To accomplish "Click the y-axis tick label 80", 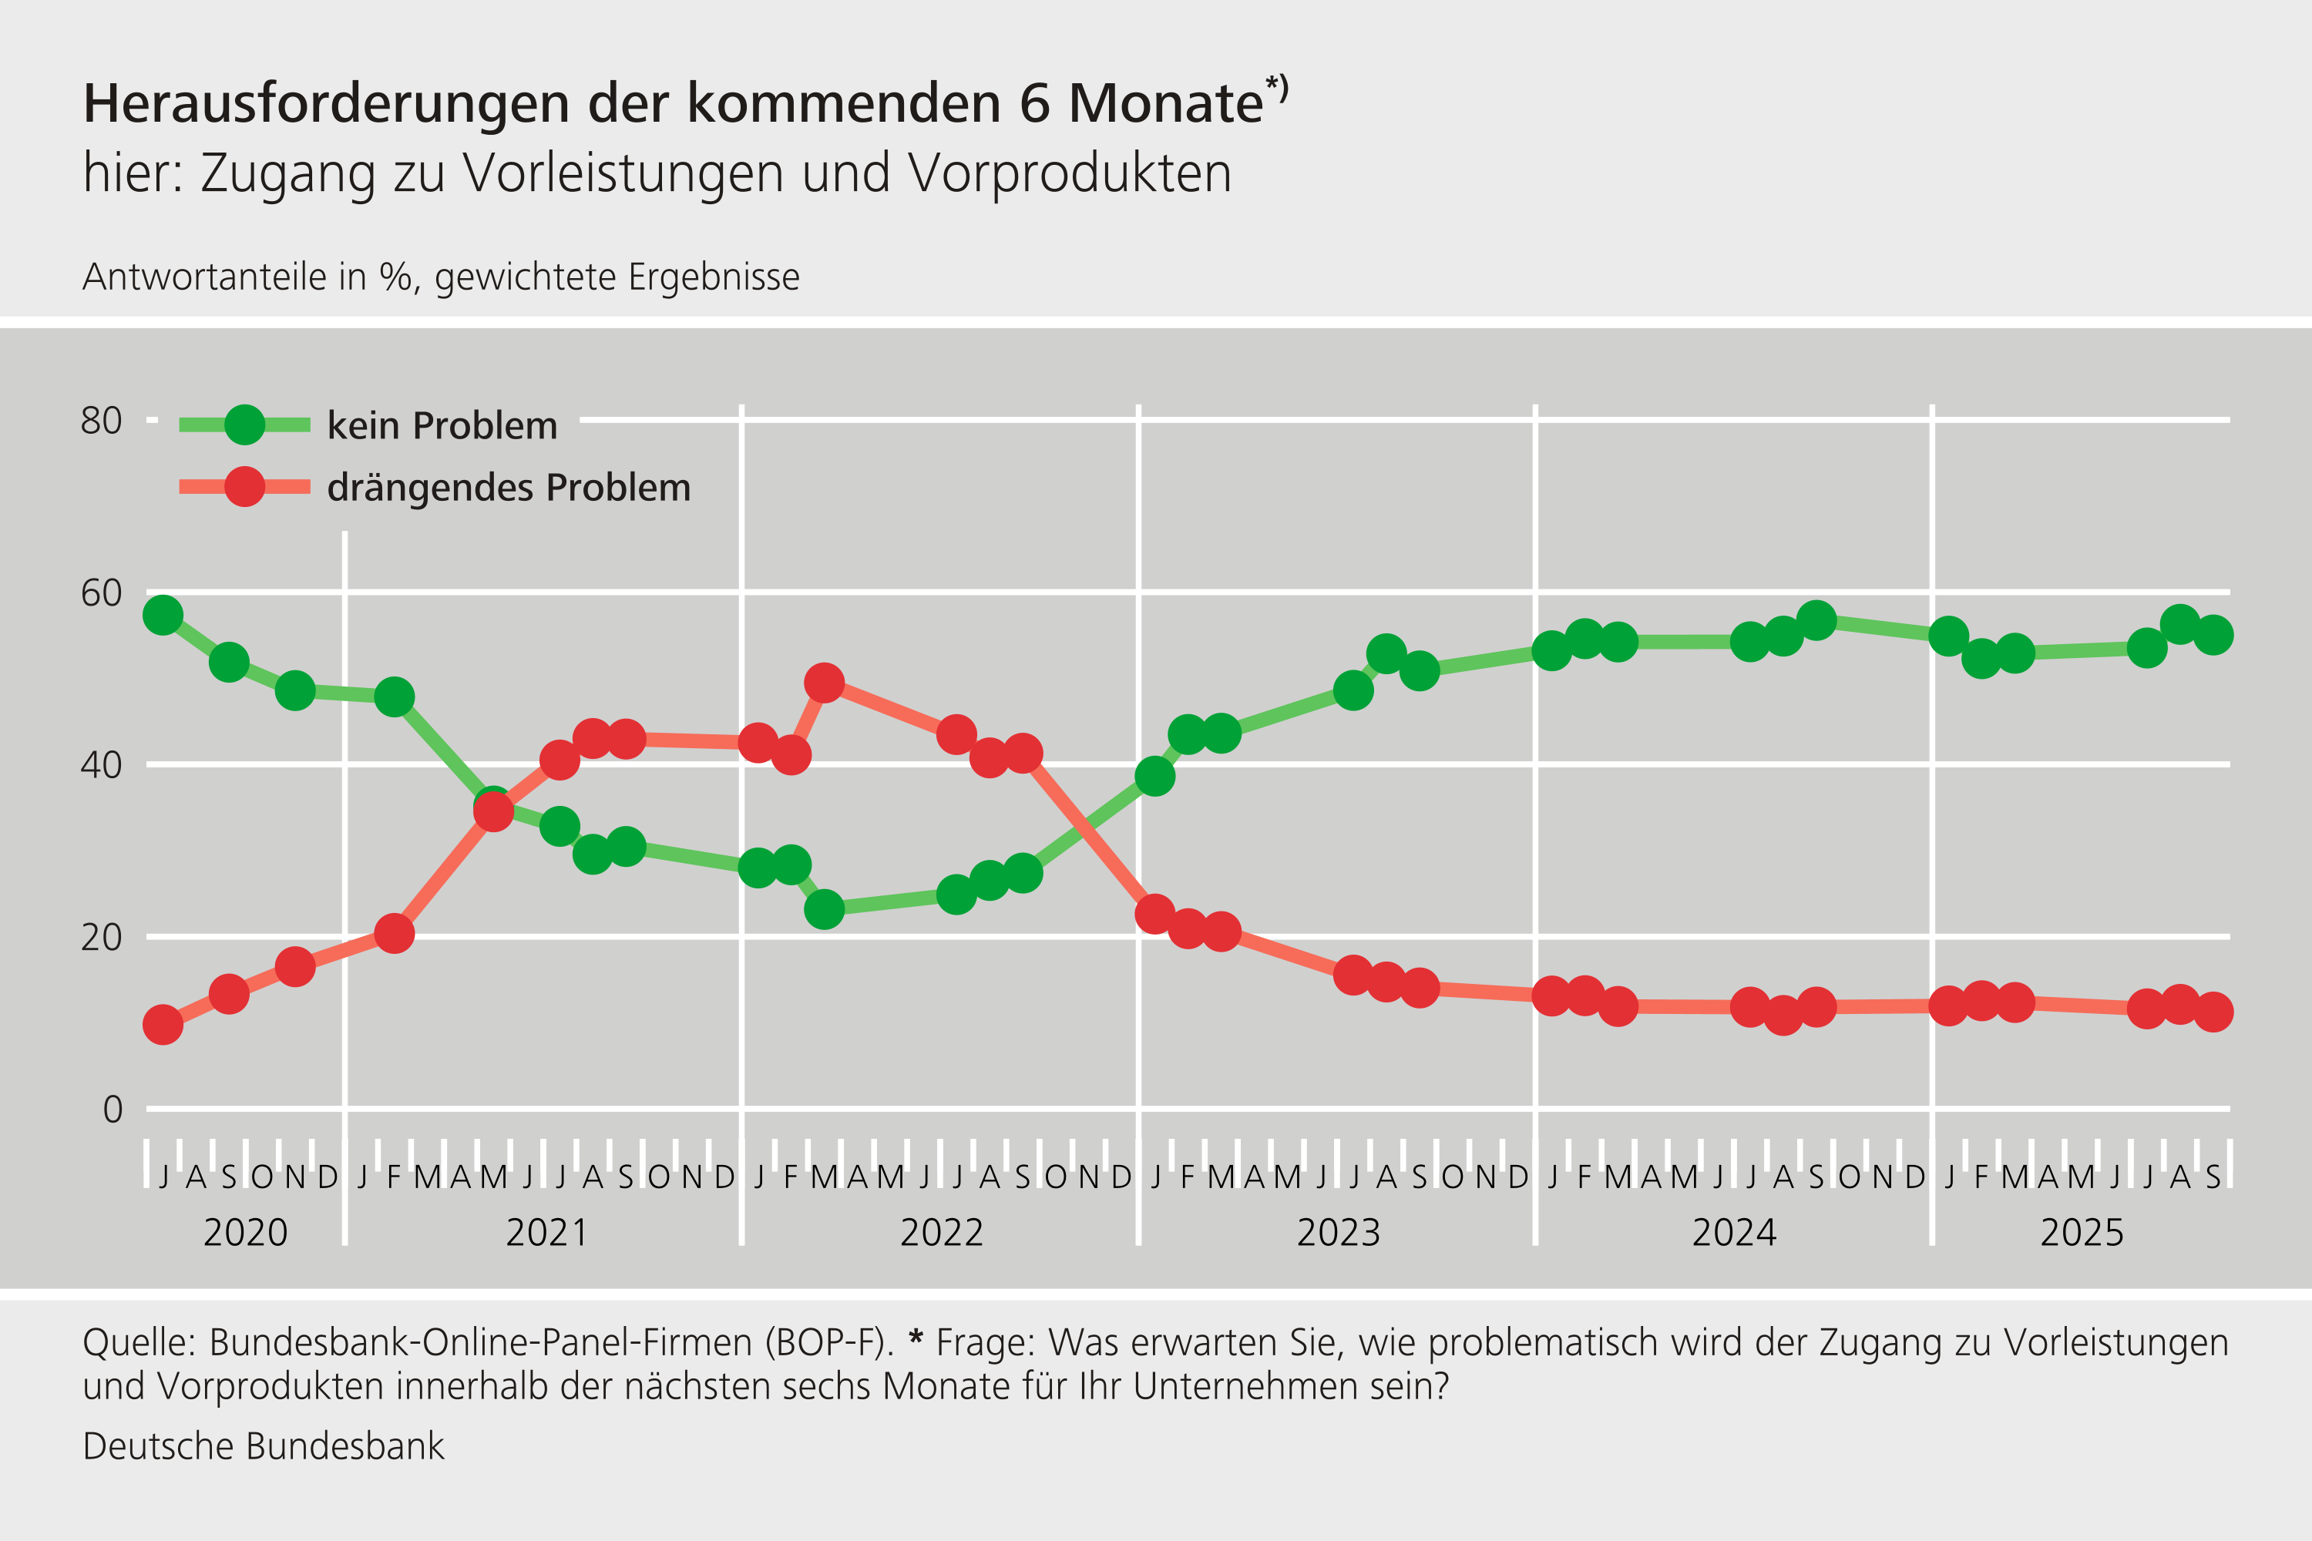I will pos(101,421).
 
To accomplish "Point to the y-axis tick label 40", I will pos(101,764).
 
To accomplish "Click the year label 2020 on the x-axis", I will pos(245,1232).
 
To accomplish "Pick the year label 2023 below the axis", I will pos(1338,1232).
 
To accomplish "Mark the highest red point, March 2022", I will pos(824,682).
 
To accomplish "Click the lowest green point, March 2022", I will pos(824,909).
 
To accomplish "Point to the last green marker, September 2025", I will pos(2213,635).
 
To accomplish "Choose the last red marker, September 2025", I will pos(2213,1011).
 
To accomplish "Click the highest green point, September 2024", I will pos(1816,620).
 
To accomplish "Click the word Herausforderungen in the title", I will pos(326,103).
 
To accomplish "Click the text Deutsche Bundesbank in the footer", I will pos(264,1445).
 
